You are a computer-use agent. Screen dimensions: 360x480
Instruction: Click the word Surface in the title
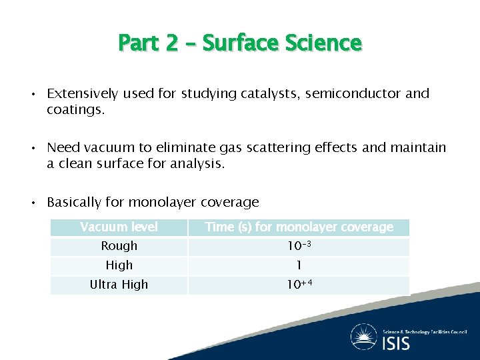tap(240, 43)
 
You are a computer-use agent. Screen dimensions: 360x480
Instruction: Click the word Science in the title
tap(323, 43)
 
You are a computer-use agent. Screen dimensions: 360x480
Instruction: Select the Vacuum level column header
tap(119, 227)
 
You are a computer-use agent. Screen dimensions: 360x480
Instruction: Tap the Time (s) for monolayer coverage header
tap(299, 227)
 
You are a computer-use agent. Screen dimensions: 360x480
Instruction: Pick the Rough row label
tap(119, 246)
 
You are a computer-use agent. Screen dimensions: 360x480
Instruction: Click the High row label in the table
tap(119, 265)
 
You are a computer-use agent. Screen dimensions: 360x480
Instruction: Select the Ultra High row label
tap(119, 285)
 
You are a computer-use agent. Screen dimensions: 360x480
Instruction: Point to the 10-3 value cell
tap(299, 246)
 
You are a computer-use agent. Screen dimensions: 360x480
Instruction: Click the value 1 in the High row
tap(299, 265)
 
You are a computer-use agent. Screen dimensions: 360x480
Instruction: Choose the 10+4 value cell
tap(299, 285)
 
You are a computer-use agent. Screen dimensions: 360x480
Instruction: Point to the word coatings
tap(75, 109)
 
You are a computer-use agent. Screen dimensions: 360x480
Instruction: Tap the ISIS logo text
tap(396, 343)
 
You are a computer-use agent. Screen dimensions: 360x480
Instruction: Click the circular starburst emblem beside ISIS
tap(364, 337)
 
